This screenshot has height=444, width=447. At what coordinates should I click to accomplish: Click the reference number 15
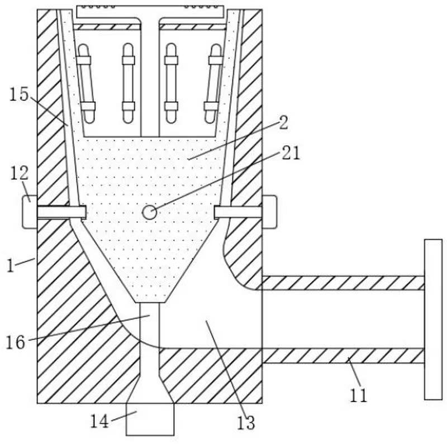tap(19, 94)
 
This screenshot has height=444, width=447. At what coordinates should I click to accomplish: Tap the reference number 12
tap(20, 173)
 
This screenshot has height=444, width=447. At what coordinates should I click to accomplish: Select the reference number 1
tap(10, 266)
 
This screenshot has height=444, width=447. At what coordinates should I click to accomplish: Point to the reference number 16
tap(16, 342)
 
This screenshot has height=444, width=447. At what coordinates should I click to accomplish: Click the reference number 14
tap(100, 421)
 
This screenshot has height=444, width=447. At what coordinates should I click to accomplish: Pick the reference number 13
tap(246, 423)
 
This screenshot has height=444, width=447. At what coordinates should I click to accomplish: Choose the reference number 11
tap(358, 395)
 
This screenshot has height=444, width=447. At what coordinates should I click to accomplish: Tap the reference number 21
tap(291, 153)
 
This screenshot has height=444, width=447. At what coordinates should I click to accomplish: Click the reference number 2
tap(283, 123)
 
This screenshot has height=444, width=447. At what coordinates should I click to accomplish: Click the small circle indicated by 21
tap(149, 212)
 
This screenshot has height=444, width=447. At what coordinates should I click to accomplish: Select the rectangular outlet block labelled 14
tap(150, 419)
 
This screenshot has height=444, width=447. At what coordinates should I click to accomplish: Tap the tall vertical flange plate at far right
tap(434, 319)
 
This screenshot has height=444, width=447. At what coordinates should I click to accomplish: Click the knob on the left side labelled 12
tap(30, 212)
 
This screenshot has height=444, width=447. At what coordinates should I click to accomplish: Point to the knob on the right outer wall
tap(269, 212)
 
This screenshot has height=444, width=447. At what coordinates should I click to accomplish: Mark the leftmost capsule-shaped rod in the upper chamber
tap(86, 83)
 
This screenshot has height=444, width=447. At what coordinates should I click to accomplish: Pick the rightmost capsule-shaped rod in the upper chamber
tap(213, 83)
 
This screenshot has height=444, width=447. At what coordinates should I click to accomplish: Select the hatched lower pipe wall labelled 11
tap(343, 356)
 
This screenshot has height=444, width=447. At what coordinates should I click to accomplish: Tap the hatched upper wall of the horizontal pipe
tap(343, 283)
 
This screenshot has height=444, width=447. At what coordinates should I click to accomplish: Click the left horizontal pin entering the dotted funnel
tap(61, 212)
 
